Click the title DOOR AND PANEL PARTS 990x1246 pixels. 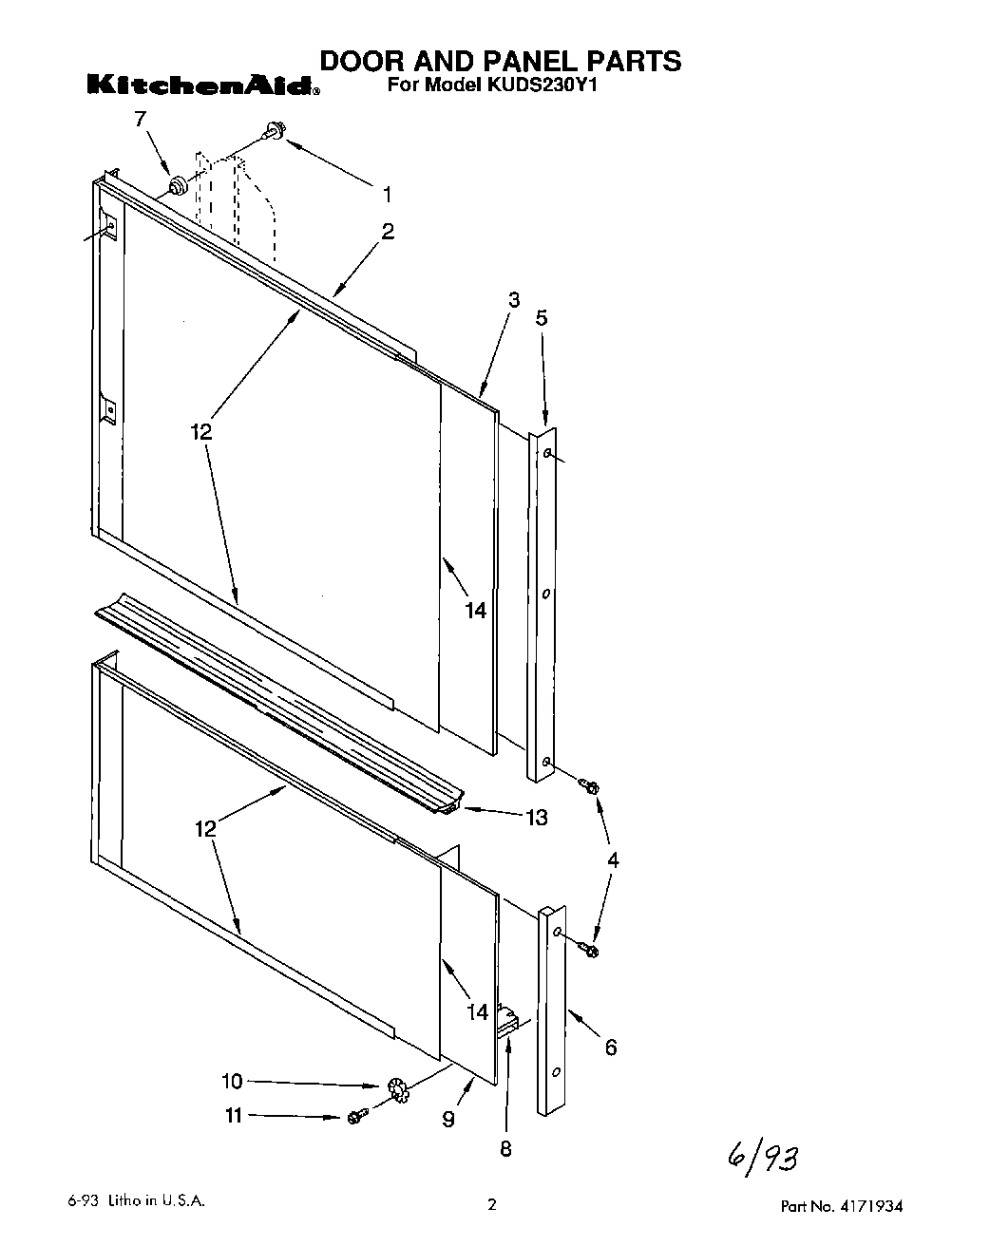(x=499, y=61)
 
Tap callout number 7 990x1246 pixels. (x=141, y=119)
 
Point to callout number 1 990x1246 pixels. (x=387, y=195)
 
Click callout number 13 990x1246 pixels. (x=537, y=817)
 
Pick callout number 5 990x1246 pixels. (x=542, y=317)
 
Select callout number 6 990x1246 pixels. (x=611, y=1047)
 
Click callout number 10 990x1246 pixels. (x=232, y=1080)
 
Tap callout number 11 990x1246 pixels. (x=234, y=1116)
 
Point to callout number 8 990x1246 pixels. (x=505, y=1149)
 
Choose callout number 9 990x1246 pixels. (x=447, y=1120)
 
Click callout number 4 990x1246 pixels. (x=613, y=860)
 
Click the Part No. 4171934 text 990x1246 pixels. (x=841, y=1207)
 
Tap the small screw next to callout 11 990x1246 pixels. (x=357, y=1118)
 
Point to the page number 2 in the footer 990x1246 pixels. (x=491, y=1206)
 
